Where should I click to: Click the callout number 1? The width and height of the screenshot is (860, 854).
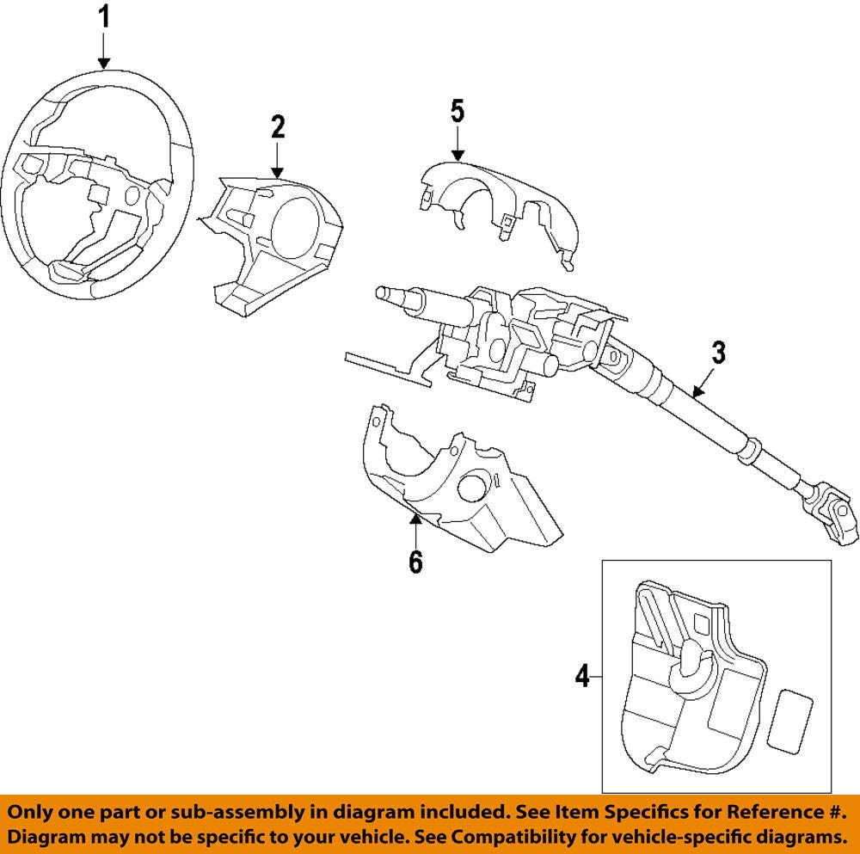(104, 17)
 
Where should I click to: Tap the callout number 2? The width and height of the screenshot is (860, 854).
(278, 126)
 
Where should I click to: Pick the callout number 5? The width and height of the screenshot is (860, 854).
(458, 111)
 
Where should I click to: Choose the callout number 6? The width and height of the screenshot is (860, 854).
(415, 562)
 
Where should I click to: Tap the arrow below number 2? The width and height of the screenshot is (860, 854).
(278, 160)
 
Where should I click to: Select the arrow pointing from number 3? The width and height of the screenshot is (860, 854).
(703, 383)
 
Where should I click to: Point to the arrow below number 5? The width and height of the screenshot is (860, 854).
(458, 144)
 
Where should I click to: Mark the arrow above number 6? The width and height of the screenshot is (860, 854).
(415, 528)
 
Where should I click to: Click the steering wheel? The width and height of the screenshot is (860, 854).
(98, 185)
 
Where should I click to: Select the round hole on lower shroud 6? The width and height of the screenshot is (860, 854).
(471, 487)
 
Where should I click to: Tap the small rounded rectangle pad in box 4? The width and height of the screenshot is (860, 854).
(789, 719)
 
